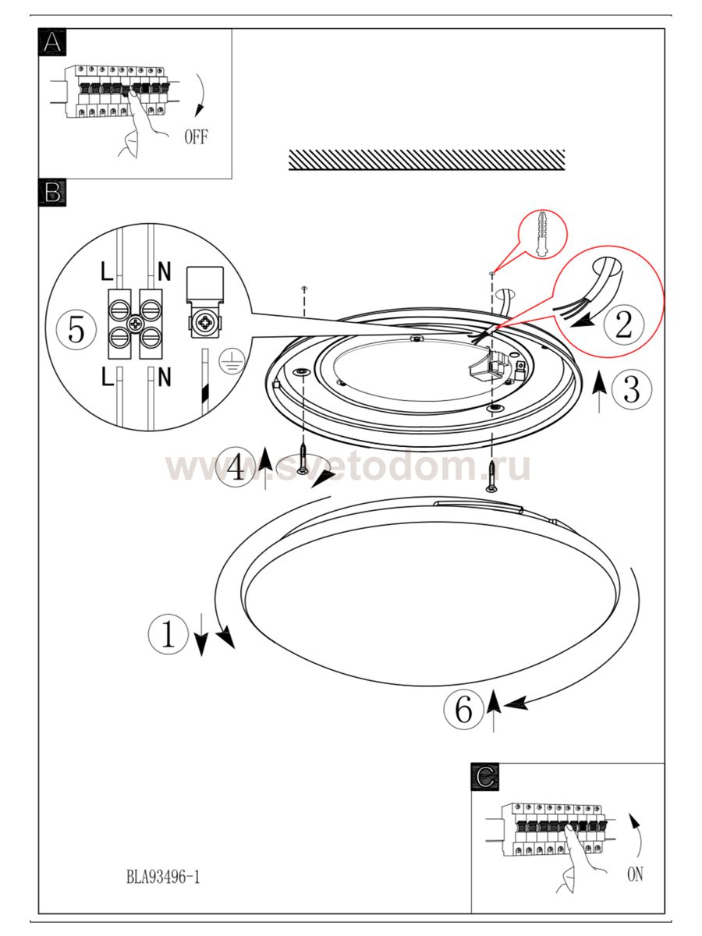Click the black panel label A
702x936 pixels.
point(52,42)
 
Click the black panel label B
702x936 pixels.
point(52,193)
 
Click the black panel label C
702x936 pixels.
point(485,777)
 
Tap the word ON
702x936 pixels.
point(635,874)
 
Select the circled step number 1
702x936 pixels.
point(168,633)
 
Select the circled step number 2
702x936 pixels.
point(624,324)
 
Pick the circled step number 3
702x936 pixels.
point(632,389)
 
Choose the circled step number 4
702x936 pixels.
point(236,467)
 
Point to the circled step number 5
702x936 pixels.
point(76,330)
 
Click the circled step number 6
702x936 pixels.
point(464,709)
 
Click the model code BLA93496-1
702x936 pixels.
point(163,877)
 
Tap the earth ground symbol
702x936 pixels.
point(232,361)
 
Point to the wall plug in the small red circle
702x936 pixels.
point(542,234)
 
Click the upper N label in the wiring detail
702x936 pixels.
point(164,271)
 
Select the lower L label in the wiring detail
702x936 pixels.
point(107,377)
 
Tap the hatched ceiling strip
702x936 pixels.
point(427,161)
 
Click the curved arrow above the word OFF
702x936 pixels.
point(200,94)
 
